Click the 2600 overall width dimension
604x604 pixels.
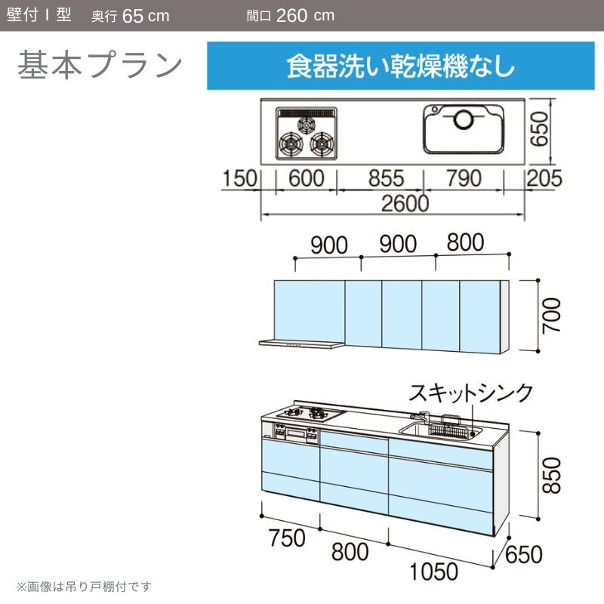(405, 203)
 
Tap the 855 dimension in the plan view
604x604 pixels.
(387, 178)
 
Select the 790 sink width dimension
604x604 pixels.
(464, 178)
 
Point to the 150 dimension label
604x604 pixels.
(239, 178)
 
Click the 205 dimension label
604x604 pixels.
(544, 178)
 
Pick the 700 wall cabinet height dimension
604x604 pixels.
(551, 316)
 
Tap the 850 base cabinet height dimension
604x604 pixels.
(551, 476)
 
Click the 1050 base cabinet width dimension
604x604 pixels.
(433, 572)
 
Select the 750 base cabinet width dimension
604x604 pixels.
(288, 538)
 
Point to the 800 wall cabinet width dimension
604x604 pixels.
(465, 242)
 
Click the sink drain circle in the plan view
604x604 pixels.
(463, 119)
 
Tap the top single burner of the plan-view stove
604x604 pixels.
(307, 125)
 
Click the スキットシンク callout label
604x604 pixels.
(470, 393)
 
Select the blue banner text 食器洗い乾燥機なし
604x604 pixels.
(401, 66)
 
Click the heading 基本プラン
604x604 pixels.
(100, 65)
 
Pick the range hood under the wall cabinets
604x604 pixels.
(301, 344)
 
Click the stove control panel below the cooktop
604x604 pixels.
(296, 433)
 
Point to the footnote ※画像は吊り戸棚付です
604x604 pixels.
(84, 587)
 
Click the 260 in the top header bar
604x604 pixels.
(291, 15)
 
